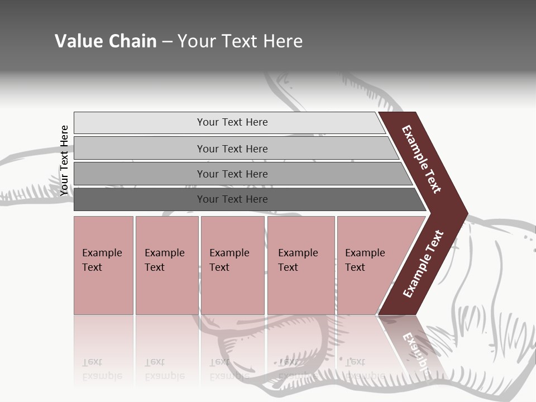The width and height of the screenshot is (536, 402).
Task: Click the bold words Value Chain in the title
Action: tap(106, 41)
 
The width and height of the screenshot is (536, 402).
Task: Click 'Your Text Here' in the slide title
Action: tap(240, 41)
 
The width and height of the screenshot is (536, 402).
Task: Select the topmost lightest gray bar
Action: tap(229, 122)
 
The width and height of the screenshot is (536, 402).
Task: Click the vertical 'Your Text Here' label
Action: tap(64, 160)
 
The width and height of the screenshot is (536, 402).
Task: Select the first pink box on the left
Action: tap(103, 265)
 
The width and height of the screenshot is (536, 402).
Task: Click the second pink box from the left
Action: tap(167, 265)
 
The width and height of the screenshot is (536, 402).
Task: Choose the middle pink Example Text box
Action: tap(232, 265)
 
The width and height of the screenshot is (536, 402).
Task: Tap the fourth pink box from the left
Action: tap(301, 265)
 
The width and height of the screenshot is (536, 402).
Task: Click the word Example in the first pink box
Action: tap(102, 253)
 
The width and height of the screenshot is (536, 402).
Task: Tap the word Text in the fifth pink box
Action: tap(355, 267)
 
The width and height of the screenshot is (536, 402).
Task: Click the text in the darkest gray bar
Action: tap(232, 199)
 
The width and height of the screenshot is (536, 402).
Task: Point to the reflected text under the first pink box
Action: tap(102, 369)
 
